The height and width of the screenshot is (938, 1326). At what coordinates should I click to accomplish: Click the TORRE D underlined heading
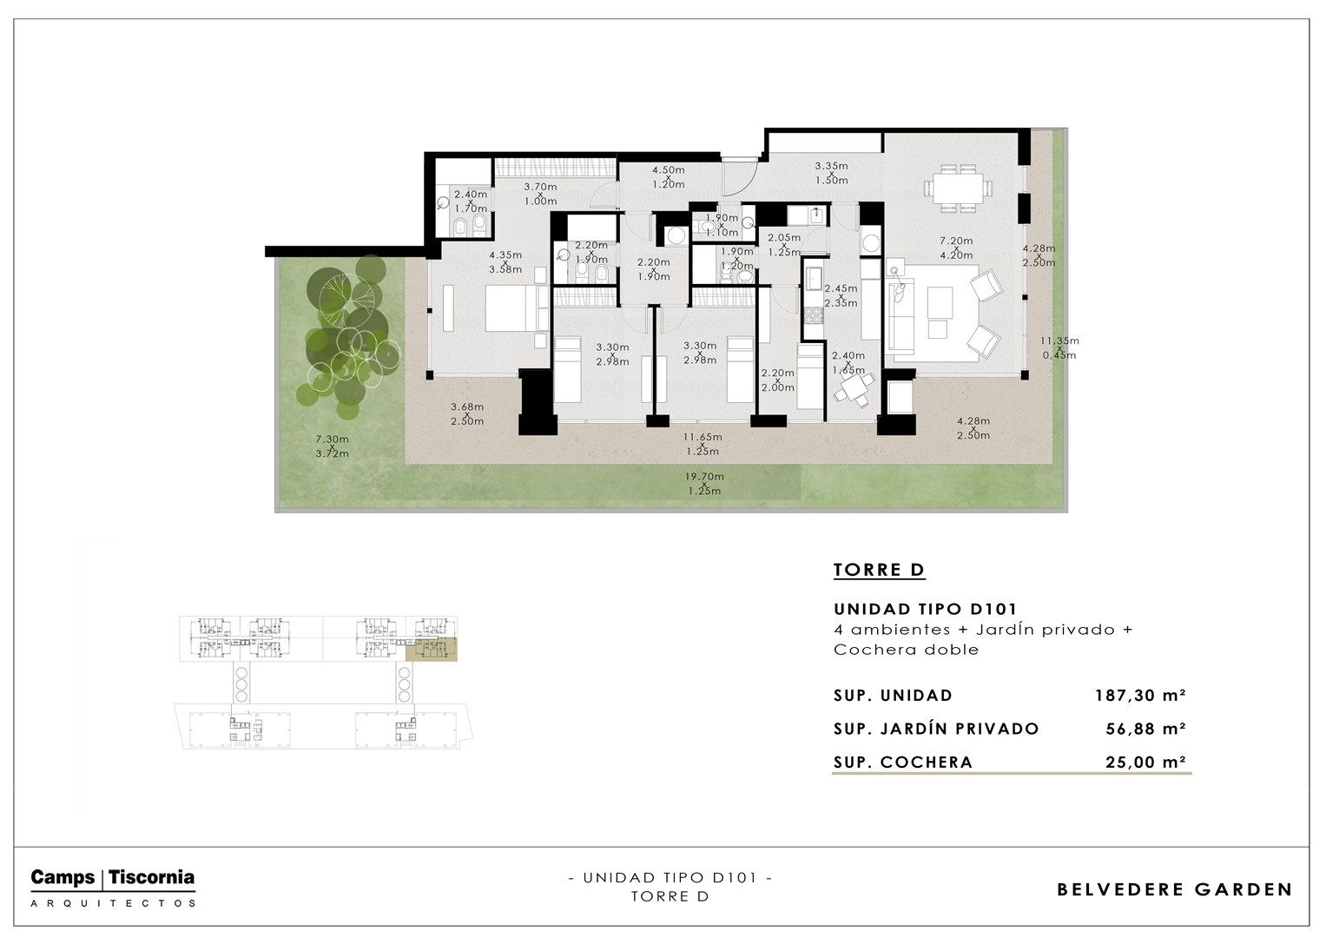tap(879, 571)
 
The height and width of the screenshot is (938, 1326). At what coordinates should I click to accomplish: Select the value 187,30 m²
tap(1140, 695)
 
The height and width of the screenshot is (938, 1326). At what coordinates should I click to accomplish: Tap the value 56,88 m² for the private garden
tap(1145, 729)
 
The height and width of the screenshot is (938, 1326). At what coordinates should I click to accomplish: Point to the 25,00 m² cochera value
tap(1145, 763)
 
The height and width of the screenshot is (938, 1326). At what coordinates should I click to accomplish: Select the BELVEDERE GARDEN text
tap(1174, 889)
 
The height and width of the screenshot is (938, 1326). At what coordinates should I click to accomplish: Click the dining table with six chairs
tap(959, 188)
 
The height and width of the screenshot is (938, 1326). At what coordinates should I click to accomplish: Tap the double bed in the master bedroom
tap(512, 308)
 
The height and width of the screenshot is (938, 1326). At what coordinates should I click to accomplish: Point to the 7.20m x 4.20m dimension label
tap(956, 248)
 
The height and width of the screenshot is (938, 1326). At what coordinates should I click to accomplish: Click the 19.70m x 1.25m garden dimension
tap(704, 484)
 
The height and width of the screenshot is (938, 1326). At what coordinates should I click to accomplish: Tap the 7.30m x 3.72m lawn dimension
tap(332, 446)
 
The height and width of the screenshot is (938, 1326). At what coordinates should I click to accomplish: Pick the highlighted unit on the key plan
tap(432, 650)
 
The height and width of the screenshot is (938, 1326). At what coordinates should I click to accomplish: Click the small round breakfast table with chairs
tap(853, 389)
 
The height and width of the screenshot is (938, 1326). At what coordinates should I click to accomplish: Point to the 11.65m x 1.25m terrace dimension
tap(703, 444)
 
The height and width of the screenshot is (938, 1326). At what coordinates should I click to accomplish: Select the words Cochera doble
tap(906, 650)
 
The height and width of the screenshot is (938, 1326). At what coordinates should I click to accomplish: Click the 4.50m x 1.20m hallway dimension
tap(669, 177)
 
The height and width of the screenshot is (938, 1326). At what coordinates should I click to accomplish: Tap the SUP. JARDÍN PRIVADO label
tap(936, 729)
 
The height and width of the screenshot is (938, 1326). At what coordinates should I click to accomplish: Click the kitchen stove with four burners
tap(814, 314)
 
